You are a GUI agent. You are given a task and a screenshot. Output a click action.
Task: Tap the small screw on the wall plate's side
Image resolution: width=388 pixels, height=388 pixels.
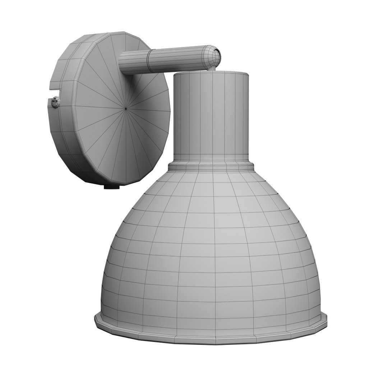[55, 102]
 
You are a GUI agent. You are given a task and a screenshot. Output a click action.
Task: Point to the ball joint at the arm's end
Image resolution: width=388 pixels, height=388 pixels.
[212, 56]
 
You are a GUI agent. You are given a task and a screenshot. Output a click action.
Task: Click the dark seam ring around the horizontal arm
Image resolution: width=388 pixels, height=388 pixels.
[148, 61]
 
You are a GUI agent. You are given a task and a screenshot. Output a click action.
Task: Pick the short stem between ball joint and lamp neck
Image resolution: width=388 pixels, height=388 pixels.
[213, 67]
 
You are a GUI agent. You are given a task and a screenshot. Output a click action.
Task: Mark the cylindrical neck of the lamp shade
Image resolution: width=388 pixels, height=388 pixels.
[211, 115]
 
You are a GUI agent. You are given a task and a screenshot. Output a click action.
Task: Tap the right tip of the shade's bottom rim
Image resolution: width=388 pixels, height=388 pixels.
[327, 318]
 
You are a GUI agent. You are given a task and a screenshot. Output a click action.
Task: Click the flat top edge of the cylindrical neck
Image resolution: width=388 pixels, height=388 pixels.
[211, 73]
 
